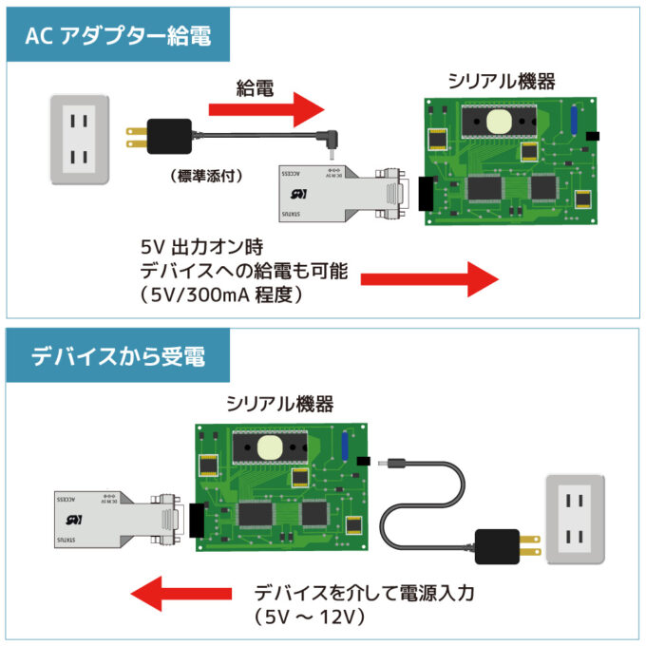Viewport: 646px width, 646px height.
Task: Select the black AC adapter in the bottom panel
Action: click(496, 546)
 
